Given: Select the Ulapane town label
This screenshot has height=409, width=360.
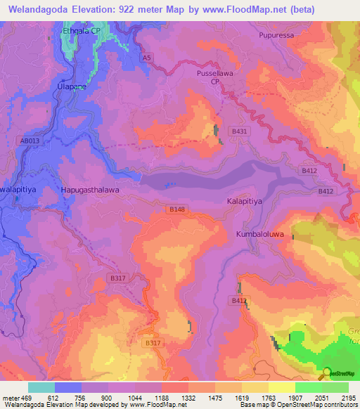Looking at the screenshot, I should pyautogui.click(x=71, y=86).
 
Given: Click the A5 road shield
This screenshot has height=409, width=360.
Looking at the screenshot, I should pyautogui.click(x=146, y=57).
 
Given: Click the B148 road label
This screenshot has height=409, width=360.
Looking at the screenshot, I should pyautogui.click(x=177, y=209).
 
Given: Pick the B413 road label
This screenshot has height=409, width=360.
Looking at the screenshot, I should pyautogui.click(x=240, y=300).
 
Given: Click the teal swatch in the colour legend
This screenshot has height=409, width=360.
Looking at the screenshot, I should pyautogui.click(x=41, y=387).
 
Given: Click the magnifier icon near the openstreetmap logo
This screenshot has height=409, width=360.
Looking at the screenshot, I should pyautogui.click(x=326, y=373).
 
